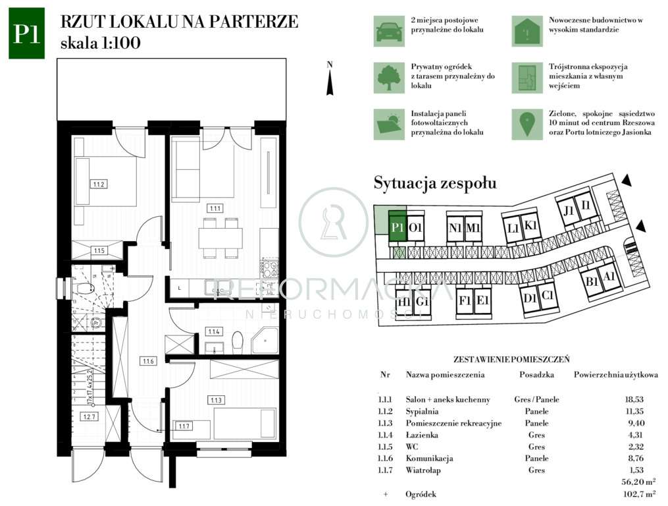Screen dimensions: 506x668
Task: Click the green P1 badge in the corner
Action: (26, 33)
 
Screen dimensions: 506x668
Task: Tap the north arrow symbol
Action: (330, 81)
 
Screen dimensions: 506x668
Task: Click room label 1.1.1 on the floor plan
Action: (215, 208)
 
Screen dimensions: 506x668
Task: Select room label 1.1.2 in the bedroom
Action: (99, 184)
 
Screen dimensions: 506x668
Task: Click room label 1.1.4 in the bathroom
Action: (215, 331)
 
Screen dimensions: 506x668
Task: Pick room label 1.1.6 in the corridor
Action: (147, 361)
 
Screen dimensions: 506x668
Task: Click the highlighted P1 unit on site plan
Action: (397, 228)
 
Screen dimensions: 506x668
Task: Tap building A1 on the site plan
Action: (609, 278)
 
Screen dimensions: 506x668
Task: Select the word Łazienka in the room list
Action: (421, 435)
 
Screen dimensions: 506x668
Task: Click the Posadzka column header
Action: (536, 375)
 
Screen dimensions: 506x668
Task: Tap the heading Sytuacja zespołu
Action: (435, 183)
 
